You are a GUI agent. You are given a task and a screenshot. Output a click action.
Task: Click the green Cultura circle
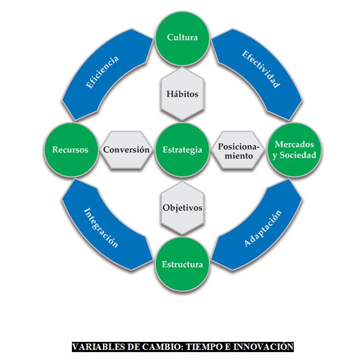coord(182,38)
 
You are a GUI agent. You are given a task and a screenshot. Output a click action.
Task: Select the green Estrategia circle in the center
coord(182,150)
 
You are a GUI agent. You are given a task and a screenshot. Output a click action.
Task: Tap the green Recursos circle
coord(70,150)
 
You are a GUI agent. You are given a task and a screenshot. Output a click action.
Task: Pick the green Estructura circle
coord(182,264)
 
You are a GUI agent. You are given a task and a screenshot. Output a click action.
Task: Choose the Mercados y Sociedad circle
coord(294,150)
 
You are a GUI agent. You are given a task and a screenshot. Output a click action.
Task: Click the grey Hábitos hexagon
coord(182,94)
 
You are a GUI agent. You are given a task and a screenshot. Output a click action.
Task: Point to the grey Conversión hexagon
coord(126,150)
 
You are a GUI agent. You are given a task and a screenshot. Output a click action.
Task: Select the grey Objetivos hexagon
coord(182,207)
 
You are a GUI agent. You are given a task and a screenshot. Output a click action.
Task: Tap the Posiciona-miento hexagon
coord(238,151)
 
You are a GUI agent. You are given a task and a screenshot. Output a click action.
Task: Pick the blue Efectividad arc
coord(261,70)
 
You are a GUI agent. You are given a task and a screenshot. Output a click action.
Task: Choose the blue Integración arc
coord(101,229)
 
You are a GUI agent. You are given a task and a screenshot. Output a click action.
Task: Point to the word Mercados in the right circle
coord(294,144)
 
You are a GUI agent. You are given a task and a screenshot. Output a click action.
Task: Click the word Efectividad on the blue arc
coord(261,70)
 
